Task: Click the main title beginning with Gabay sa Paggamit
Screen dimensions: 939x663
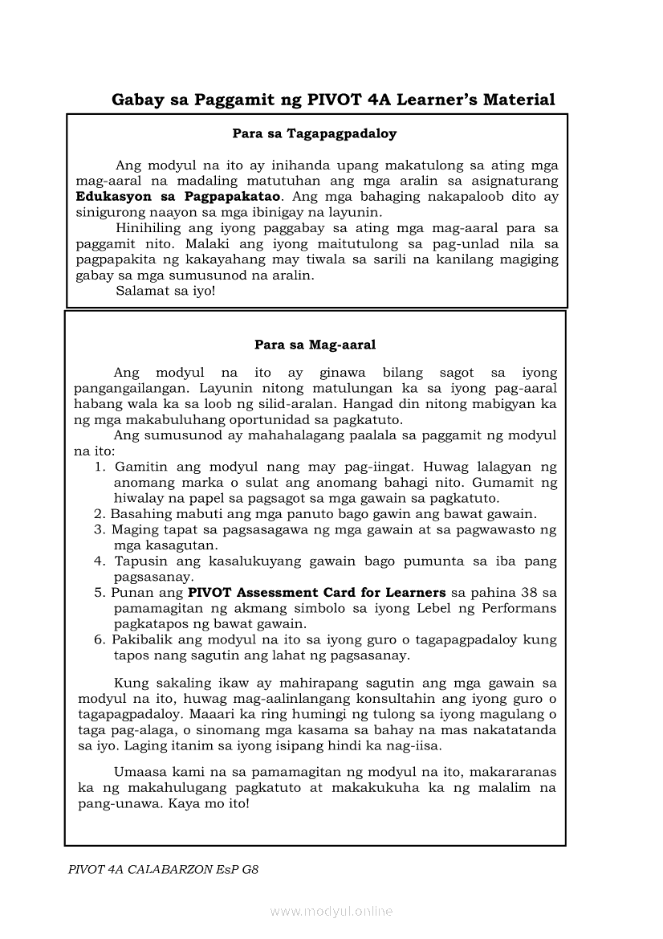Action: click(x=333, y=100)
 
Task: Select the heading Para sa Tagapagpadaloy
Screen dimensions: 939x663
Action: click(x=315, y=133)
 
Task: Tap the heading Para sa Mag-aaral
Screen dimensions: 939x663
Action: click(x=315, y=345)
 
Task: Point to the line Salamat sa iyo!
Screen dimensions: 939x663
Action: click(x=165, y=291)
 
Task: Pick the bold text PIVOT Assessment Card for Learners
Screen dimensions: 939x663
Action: click(x=317, y=593)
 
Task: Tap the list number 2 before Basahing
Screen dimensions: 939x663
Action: click(x=99, y=514)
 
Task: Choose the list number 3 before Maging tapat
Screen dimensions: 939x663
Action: click(x=99, y=530)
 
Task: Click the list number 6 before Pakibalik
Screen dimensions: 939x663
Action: click(x=99, y=640)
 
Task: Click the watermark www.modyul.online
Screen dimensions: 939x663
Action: click(x=331, y=912)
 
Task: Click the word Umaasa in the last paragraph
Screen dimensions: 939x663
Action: click(x=140, y=772)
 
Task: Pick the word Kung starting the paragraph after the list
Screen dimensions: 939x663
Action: click(x=127, y=683)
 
